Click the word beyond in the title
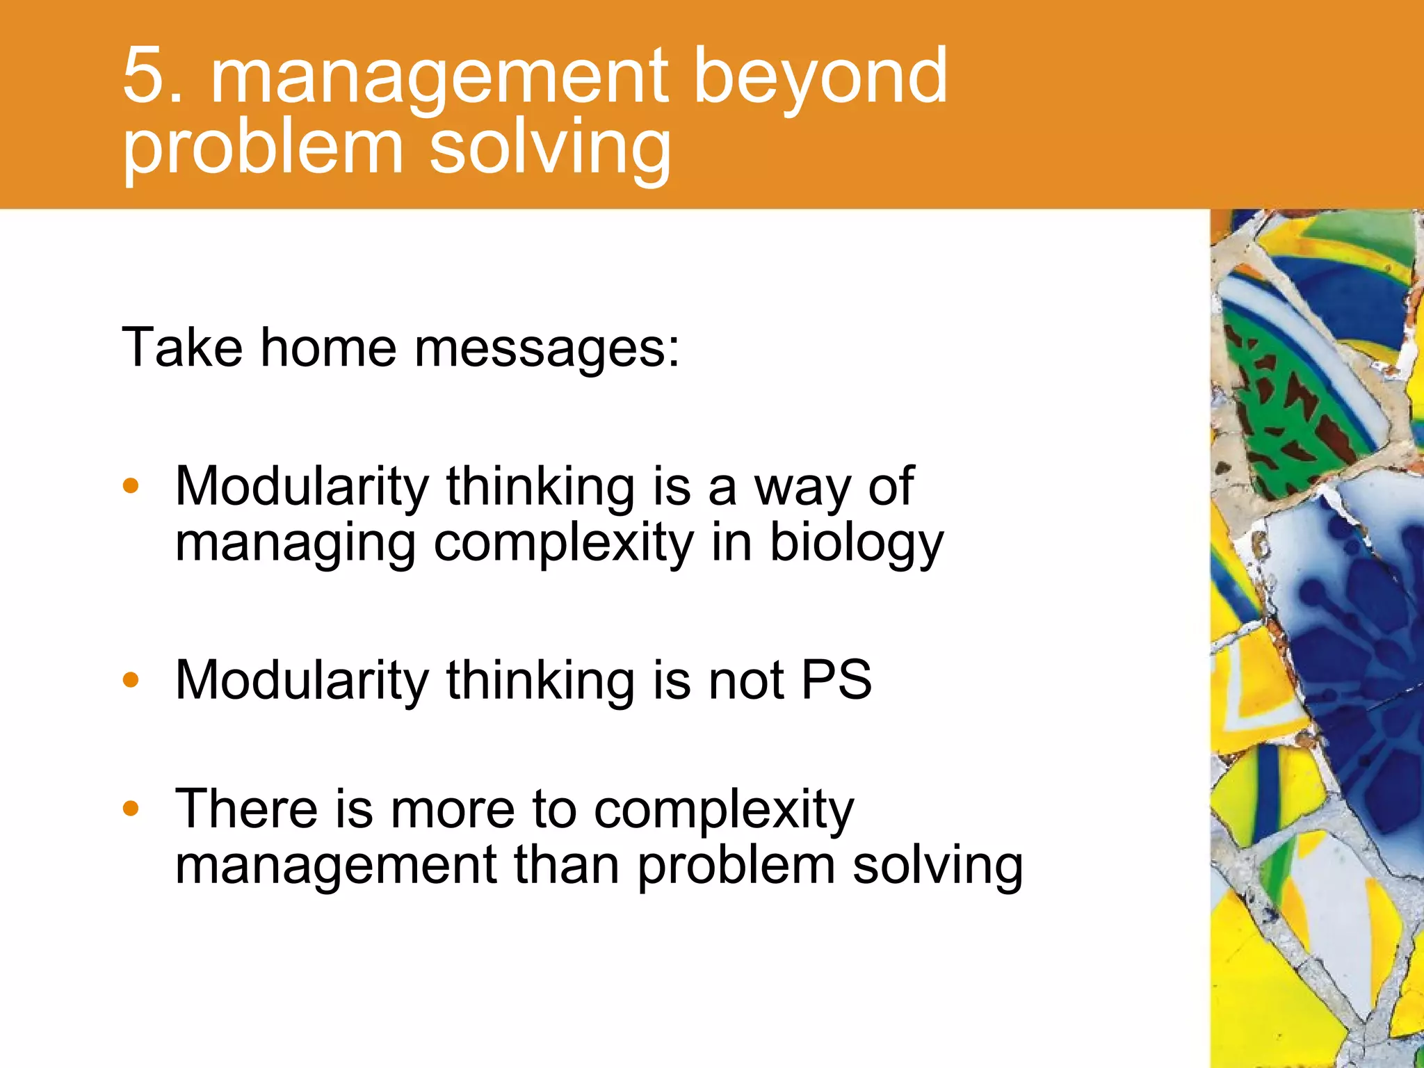pos(820,78)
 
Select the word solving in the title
pos(549,149)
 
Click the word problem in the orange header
pos(263,149)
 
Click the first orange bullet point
pos(131,486)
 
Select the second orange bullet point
pos(131,679)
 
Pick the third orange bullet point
pos(131,808)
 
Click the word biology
pos(857,544)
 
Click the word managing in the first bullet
pos(295,544)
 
